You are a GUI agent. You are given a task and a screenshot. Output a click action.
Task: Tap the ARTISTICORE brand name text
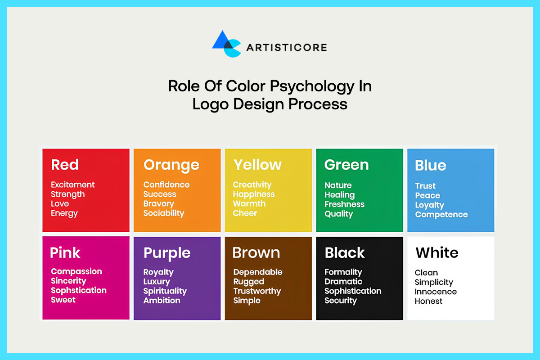[x=286, y=47]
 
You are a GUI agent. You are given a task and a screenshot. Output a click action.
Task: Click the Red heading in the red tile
[x=65, y=165]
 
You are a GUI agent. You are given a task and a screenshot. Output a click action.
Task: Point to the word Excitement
[x=73, y=184]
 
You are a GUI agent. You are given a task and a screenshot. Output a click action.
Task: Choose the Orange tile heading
[x=171, y=165]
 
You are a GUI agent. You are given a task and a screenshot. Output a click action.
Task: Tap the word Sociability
[x=164, y=213]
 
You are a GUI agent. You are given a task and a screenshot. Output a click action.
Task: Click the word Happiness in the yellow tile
[x=253, y=194]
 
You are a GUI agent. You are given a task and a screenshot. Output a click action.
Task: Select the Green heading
[x=346, y=165]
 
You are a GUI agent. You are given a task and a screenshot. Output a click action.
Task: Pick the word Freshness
[x=344, y=204]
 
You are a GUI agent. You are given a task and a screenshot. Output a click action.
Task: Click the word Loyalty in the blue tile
[x=429, y=205]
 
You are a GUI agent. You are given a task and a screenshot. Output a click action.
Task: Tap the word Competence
[x=441, y=215]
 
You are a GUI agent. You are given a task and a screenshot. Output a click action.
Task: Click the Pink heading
[x=65, y=252]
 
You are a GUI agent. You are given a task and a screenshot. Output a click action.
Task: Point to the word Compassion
[x=76, y=271]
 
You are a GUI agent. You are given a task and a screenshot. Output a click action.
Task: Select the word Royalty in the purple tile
[x=158, y=272]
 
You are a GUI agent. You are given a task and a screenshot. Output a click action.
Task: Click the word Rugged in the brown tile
[x=248, y=282]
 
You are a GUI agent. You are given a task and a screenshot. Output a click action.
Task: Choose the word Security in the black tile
[x=341, y=301]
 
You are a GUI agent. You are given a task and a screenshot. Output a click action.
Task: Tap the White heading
[x=436, y=252]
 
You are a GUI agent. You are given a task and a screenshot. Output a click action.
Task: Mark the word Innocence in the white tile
[x=436, y=292]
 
